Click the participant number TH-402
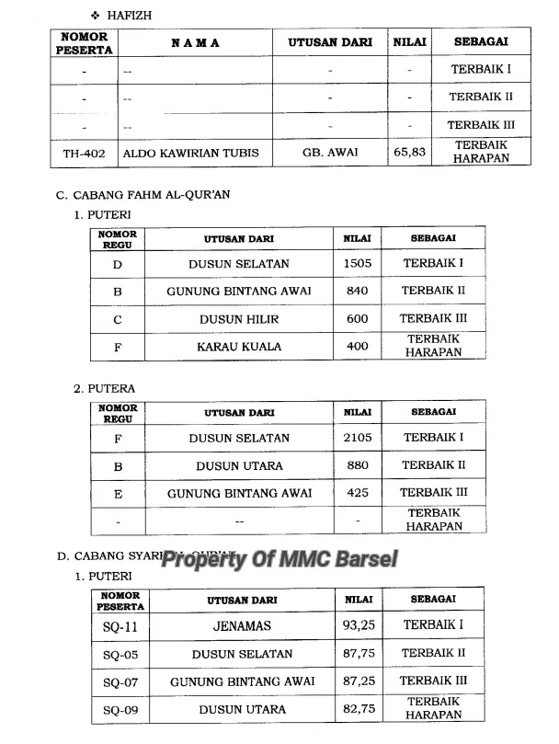pyautogui.click(x=84, y=153)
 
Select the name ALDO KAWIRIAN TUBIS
pyautogui.click(x=191, y=153)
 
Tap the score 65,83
pyautogui.click(x=409, y=153)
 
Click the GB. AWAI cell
pyautogui.click(x=330, y=153)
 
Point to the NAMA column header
pyautogui.click(x=195, y=43)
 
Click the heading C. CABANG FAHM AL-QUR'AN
pyautogui.click(x=131, y=194)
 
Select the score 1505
pyautogui.click(x=357, y=264)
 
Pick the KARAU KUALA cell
pyautogui.click(x=239, y=347)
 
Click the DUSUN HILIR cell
pyautogui.click(x=239, y=319)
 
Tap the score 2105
pyautogui.click(x=358, y=438)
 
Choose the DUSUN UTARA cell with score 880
pyautogui.click(x=239, y=465)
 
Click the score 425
pyautogui.click(x=358, y=493)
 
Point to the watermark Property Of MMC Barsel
pyautogui.click(x=279, y=558)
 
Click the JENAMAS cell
pyautogui.click(x=242, y=626)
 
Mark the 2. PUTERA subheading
pyautogui.click(x=105, y=389)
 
